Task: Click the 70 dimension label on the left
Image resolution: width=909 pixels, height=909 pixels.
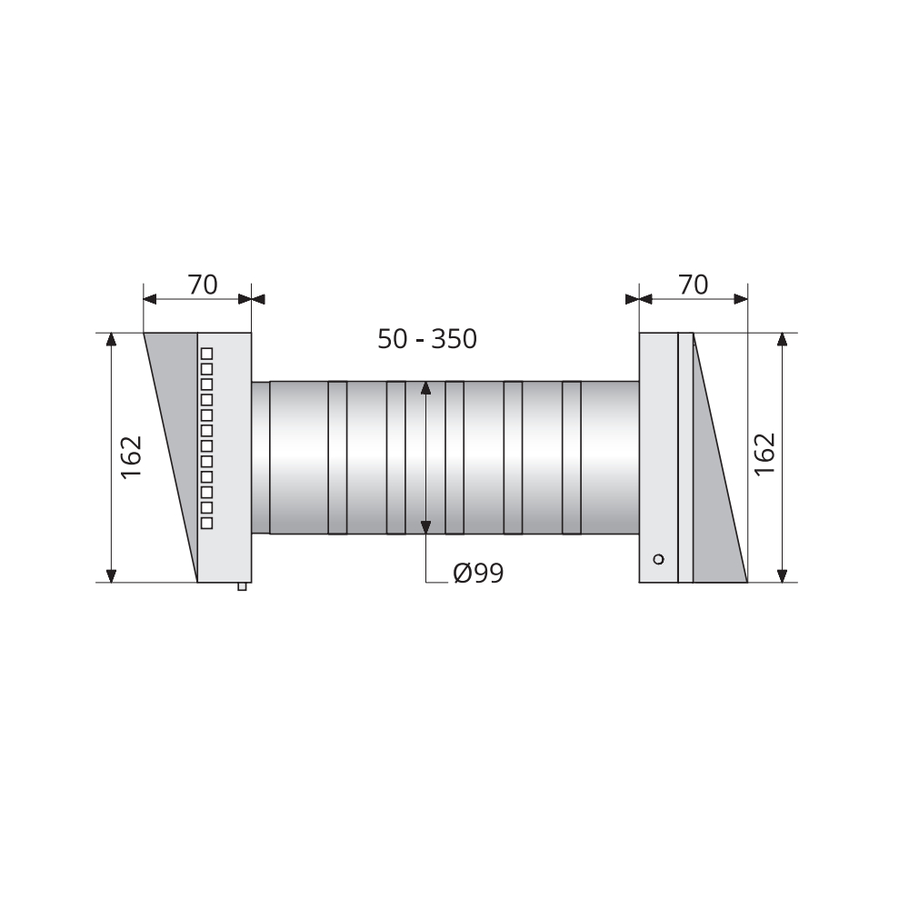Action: (203, 285)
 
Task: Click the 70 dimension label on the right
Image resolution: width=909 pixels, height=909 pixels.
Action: (693, 285)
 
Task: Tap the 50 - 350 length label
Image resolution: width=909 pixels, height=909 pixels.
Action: (427, 339)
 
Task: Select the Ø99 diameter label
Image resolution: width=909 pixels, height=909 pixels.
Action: (478, 574)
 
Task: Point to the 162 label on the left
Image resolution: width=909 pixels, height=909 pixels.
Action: (132, 457)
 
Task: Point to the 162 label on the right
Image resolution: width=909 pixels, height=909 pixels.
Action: (764, 454)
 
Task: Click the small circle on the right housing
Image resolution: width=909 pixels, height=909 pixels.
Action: (658, 559)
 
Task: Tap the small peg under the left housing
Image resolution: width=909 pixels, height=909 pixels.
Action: (242, 586)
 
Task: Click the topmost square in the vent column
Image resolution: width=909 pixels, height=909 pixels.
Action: (206, 354)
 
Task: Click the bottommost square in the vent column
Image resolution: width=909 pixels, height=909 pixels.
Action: (206, 523)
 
